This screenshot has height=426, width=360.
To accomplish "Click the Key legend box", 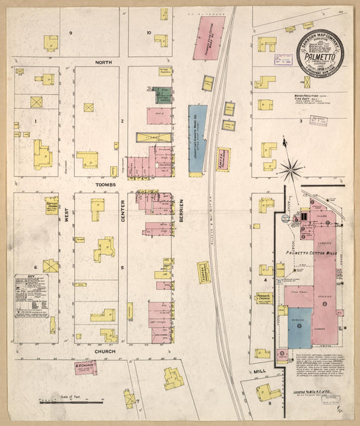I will click(x=32, y=295).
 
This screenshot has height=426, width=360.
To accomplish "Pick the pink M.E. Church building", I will click(x=85, y=368).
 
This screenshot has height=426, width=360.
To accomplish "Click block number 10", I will click(x=149, y=32).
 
